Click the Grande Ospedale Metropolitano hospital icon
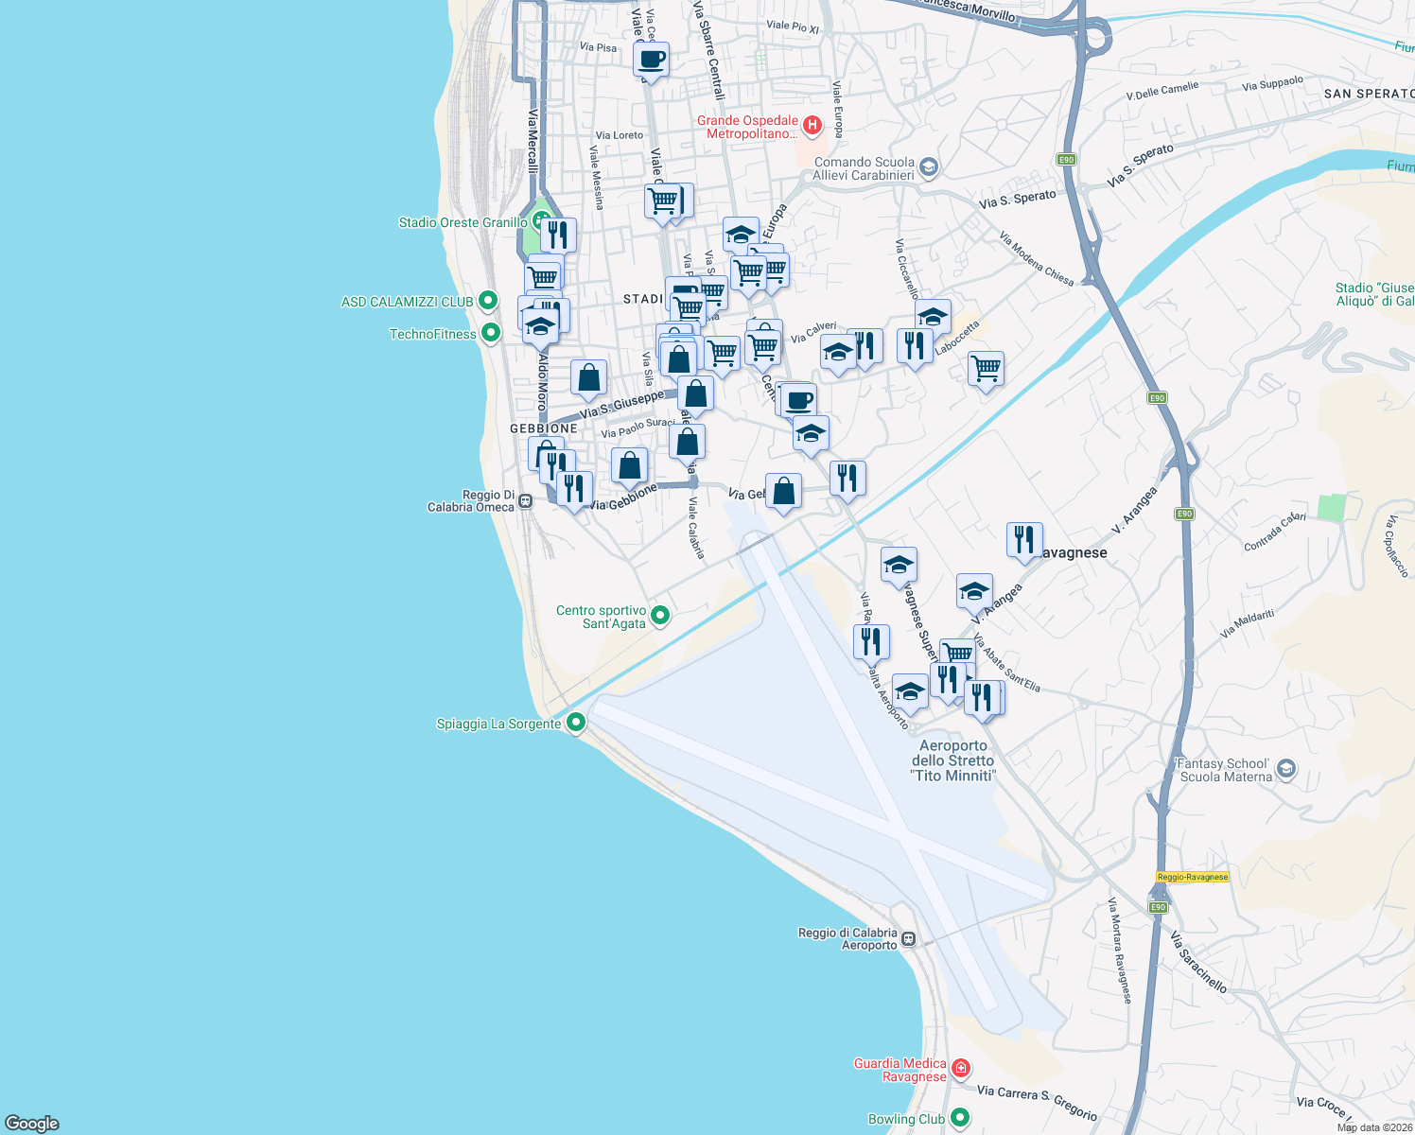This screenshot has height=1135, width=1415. coord(812,125)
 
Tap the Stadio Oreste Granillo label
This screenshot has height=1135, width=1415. coord(463,223)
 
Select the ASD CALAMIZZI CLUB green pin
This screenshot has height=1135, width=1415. coord(488,302)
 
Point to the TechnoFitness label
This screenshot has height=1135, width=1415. coord(432,334)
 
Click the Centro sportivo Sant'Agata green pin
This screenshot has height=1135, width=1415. coord(661,616)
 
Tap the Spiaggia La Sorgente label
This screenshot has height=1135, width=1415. coord(498,725)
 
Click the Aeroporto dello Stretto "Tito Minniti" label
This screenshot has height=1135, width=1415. coord(952,760)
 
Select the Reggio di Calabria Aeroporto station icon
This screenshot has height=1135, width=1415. coord(908,939)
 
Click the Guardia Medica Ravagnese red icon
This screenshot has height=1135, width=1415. coord(961,1069)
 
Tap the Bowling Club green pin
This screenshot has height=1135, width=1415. coord(961,1118)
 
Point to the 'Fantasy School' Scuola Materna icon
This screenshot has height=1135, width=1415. coord(1285,769)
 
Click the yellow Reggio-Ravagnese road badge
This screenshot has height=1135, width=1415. coord(1193,877)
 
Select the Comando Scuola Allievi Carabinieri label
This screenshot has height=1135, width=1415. coord(864,168)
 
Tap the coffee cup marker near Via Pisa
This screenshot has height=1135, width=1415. coord(651,59)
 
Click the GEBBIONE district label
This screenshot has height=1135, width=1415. coord(544,428)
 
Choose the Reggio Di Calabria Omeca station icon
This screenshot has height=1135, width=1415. coord(526,500)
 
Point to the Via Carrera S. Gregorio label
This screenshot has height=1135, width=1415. coord(1038,1103)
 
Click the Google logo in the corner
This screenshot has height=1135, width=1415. coord(32,1123)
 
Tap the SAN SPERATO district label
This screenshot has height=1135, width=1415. coord(1369,94)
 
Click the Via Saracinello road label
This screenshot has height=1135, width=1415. coord(1198,962)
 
